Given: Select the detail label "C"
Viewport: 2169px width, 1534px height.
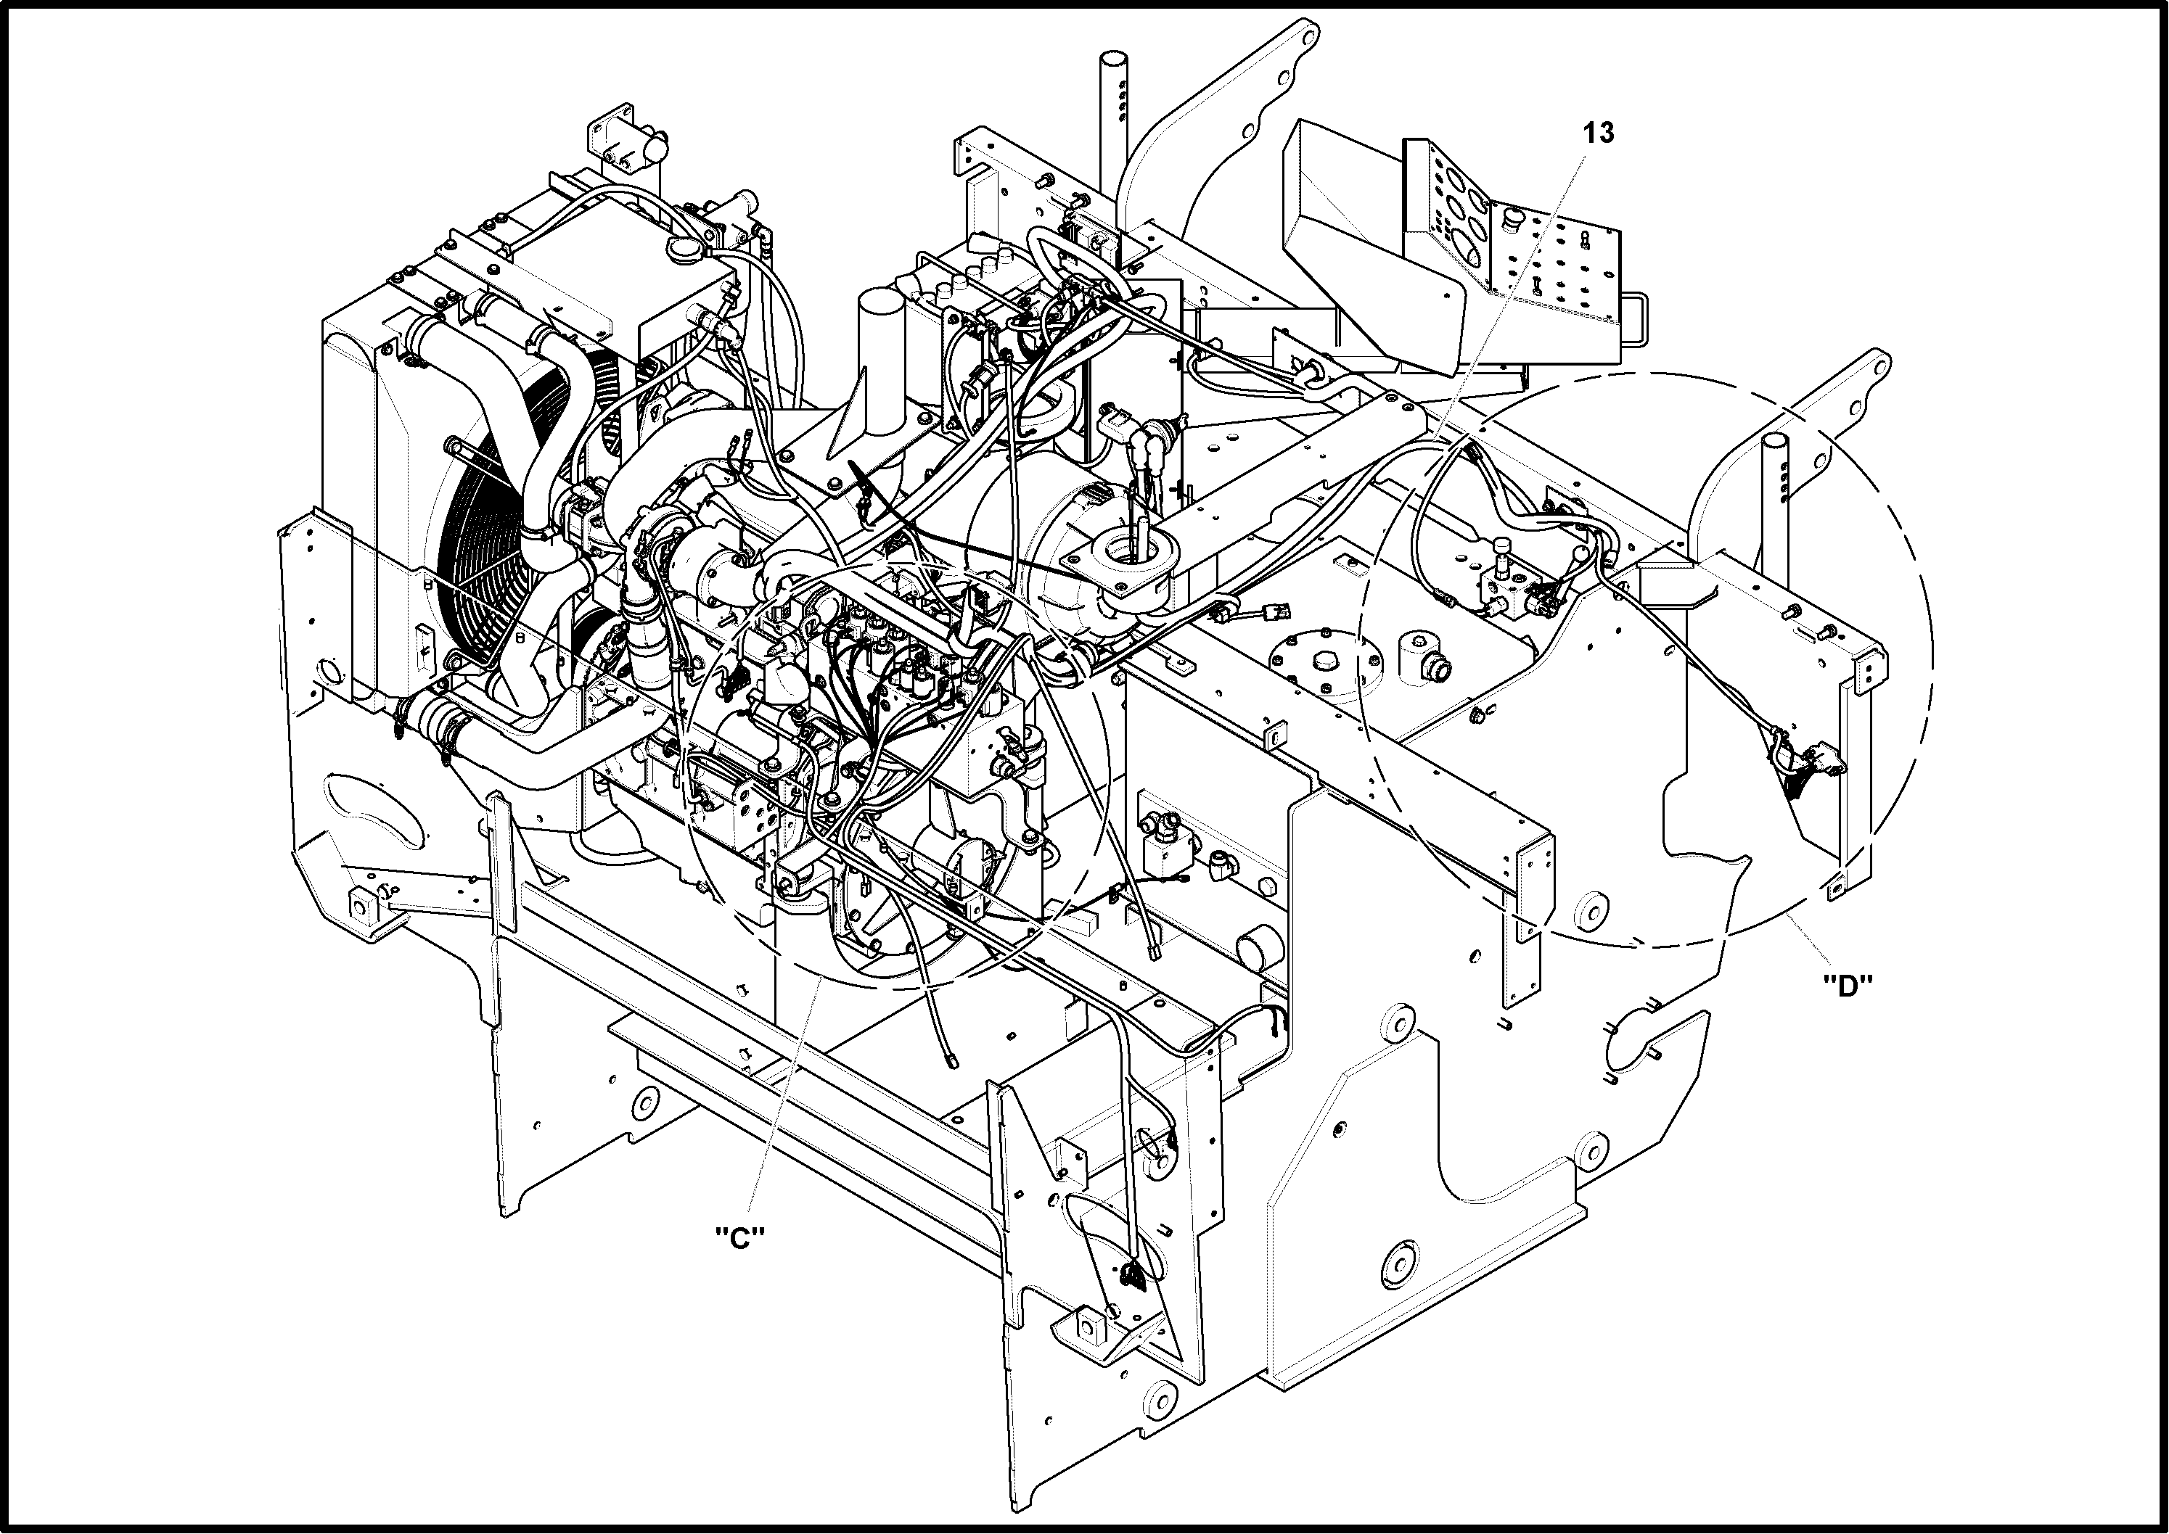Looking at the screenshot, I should point(740,1237).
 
